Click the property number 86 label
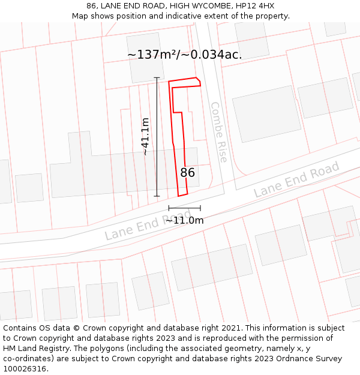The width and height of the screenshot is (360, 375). (x=188, y=173)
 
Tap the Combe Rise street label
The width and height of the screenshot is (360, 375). (x=218, y=132)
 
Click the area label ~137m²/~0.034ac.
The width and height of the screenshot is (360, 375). (x=185, y=55)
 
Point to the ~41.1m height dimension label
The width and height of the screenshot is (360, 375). (x=145, y=137)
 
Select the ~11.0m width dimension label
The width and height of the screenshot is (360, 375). (x=185, y=220)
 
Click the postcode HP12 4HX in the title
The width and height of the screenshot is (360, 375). (x=256, y=6)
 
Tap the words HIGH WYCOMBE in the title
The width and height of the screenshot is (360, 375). (x=200, y=6)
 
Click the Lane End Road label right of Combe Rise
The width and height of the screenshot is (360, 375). (x=296, y=179)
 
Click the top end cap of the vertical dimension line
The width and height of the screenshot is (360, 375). (x=157, y=77)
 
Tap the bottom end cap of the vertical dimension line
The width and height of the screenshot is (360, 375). (x=157, y=196)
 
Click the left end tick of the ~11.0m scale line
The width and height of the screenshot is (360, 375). (x=169, y=208)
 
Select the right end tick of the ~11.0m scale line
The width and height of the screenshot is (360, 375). (x=200, y=208)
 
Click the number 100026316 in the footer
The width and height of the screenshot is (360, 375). (x=25, y=369)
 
